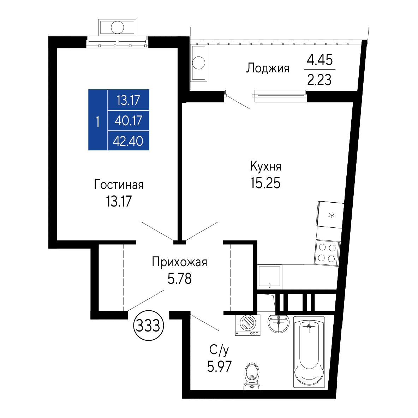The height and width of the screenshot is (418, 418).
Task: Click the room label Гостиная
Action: point(119,185)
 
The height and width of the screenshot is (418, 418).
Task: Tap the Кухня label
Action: point(265,166)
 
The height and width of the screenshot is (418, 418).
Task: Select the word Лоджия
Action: point(268,68)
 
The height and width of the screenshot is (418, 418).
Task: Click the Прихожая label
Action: point(179,262)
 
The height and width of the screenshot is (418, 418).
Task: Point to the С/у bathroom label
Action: point(219,350)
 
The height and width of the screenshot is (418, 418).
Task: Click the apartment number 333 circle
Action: point(148,326)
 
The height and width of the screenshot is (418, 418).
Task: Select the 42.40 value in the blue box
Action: point(128,141)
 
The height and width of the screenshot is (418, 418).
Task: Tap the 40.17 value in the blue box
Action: point(128,120)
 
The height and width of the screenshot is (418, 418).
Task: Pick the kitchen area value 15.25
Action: point(265,183)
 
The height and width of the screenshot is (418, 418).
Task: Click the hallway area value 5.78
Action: point(179,279)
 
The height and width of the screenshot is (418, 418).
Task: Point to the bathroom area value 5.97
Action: point(219,366)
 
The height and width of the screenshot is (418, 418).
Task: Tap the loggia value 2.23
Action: point(320,79)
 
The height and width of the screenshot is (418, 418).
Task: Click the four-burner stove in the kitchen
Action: point(327,253)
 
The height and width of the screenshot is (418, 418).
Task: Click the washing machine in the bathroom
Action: point(247,325)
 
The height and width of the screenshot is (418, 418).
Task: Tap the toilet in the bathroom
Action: point(252,376)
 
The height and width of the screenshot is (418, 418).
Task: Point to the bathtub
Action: point(309,352)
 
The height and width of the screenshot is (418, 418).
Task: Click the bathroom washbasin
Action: point(279,323)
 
